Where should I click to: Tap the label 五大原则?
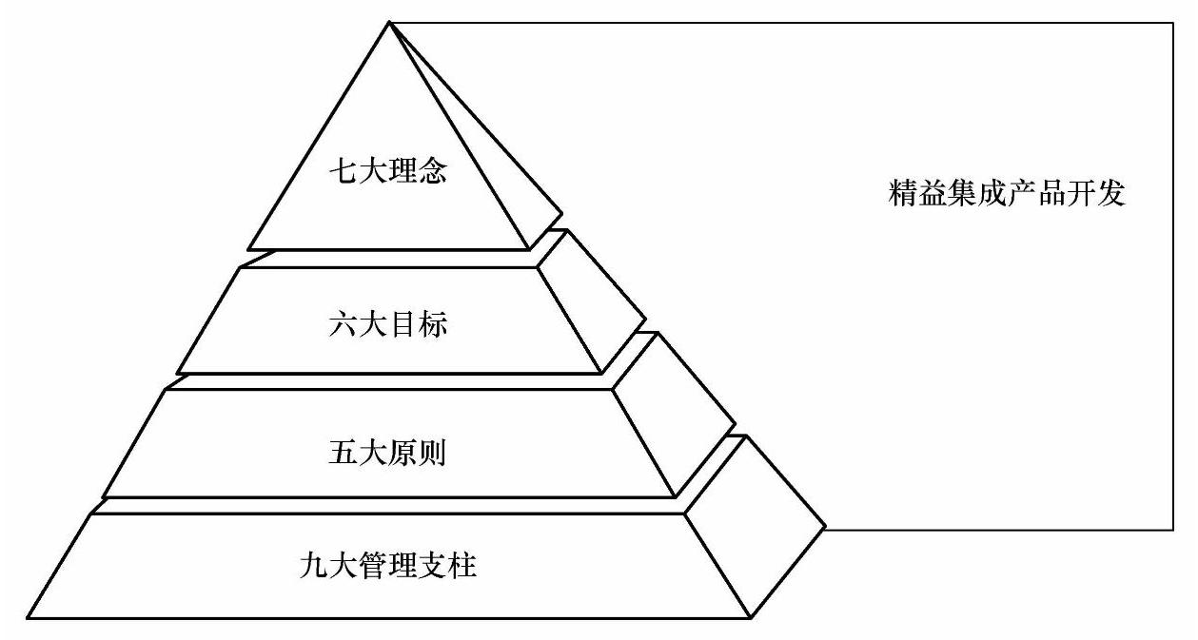click(393, 453)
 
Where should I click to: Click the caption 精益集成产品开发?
click(1006, 194)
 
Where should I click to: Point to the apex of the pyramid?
click(389, 22)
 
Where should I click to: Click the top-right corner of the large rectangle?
click(1172, 23)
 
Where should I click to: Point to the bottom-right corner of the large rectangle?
click(1172, 529)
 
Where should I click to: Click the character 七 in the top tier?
click(342, 174)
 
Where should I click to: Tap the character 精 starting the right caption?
click(900, 194)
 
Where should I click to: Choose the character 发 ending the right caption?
click(1111, 194)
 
